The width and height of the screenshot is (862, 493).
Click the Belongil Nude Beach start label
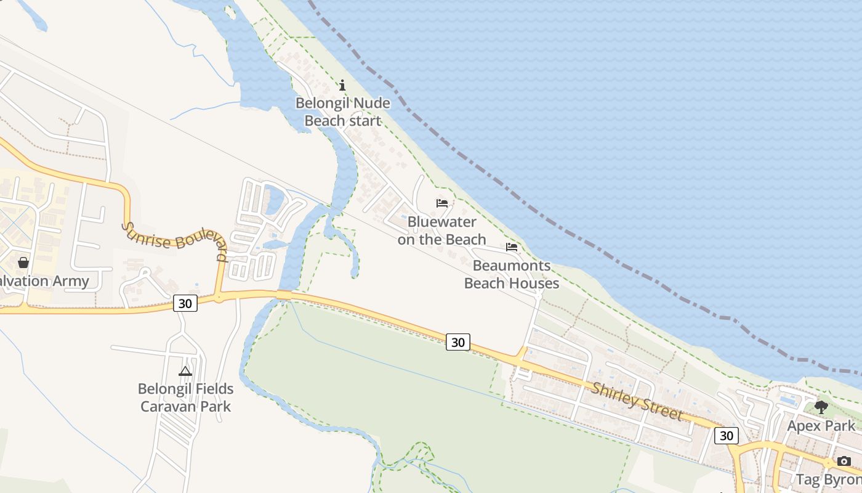click(x=343, y=112)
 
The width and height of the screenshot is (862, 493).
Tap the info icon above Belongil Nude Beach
click(x=343, y=85)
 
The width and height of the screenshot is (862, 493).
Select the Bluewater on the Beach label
click(x=442, y=230)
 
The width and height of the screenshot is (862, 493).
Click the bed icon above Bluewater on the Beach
click(x=442, y=203)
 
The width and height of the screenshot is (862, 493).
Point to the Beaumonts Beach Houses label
click(x=512, y=274)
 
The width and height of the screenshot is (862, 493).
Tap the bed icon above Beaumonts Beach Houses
click(x=512, y=247)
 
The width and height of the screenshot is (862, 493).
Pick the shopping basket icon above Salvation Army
click(x=23, y=263)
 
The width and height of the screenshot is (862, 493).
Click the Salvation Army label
click(x=43, y=281)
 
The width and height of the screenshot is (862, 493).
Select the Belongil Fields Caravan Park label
click(x=185, y=397)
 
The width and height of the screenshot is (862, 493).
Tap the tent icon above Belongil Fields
click(x=185, y=371)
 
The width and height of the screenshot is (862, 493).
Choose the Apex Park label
click(x=821, y=426)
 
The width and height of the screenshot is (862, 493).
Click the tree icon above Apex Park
click(x=821, y=407)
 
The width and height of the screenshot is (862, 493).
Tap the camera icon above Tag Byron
click(x=844, y=461)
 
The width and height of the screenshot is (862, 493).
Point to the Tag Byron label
click(x=829, y=479)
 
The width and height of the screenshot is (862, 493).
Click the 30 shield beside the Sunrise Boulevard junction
click(x=185, y=303)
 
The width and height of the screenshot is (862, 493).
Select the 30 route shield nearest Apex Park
click(x=727, y=436)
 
